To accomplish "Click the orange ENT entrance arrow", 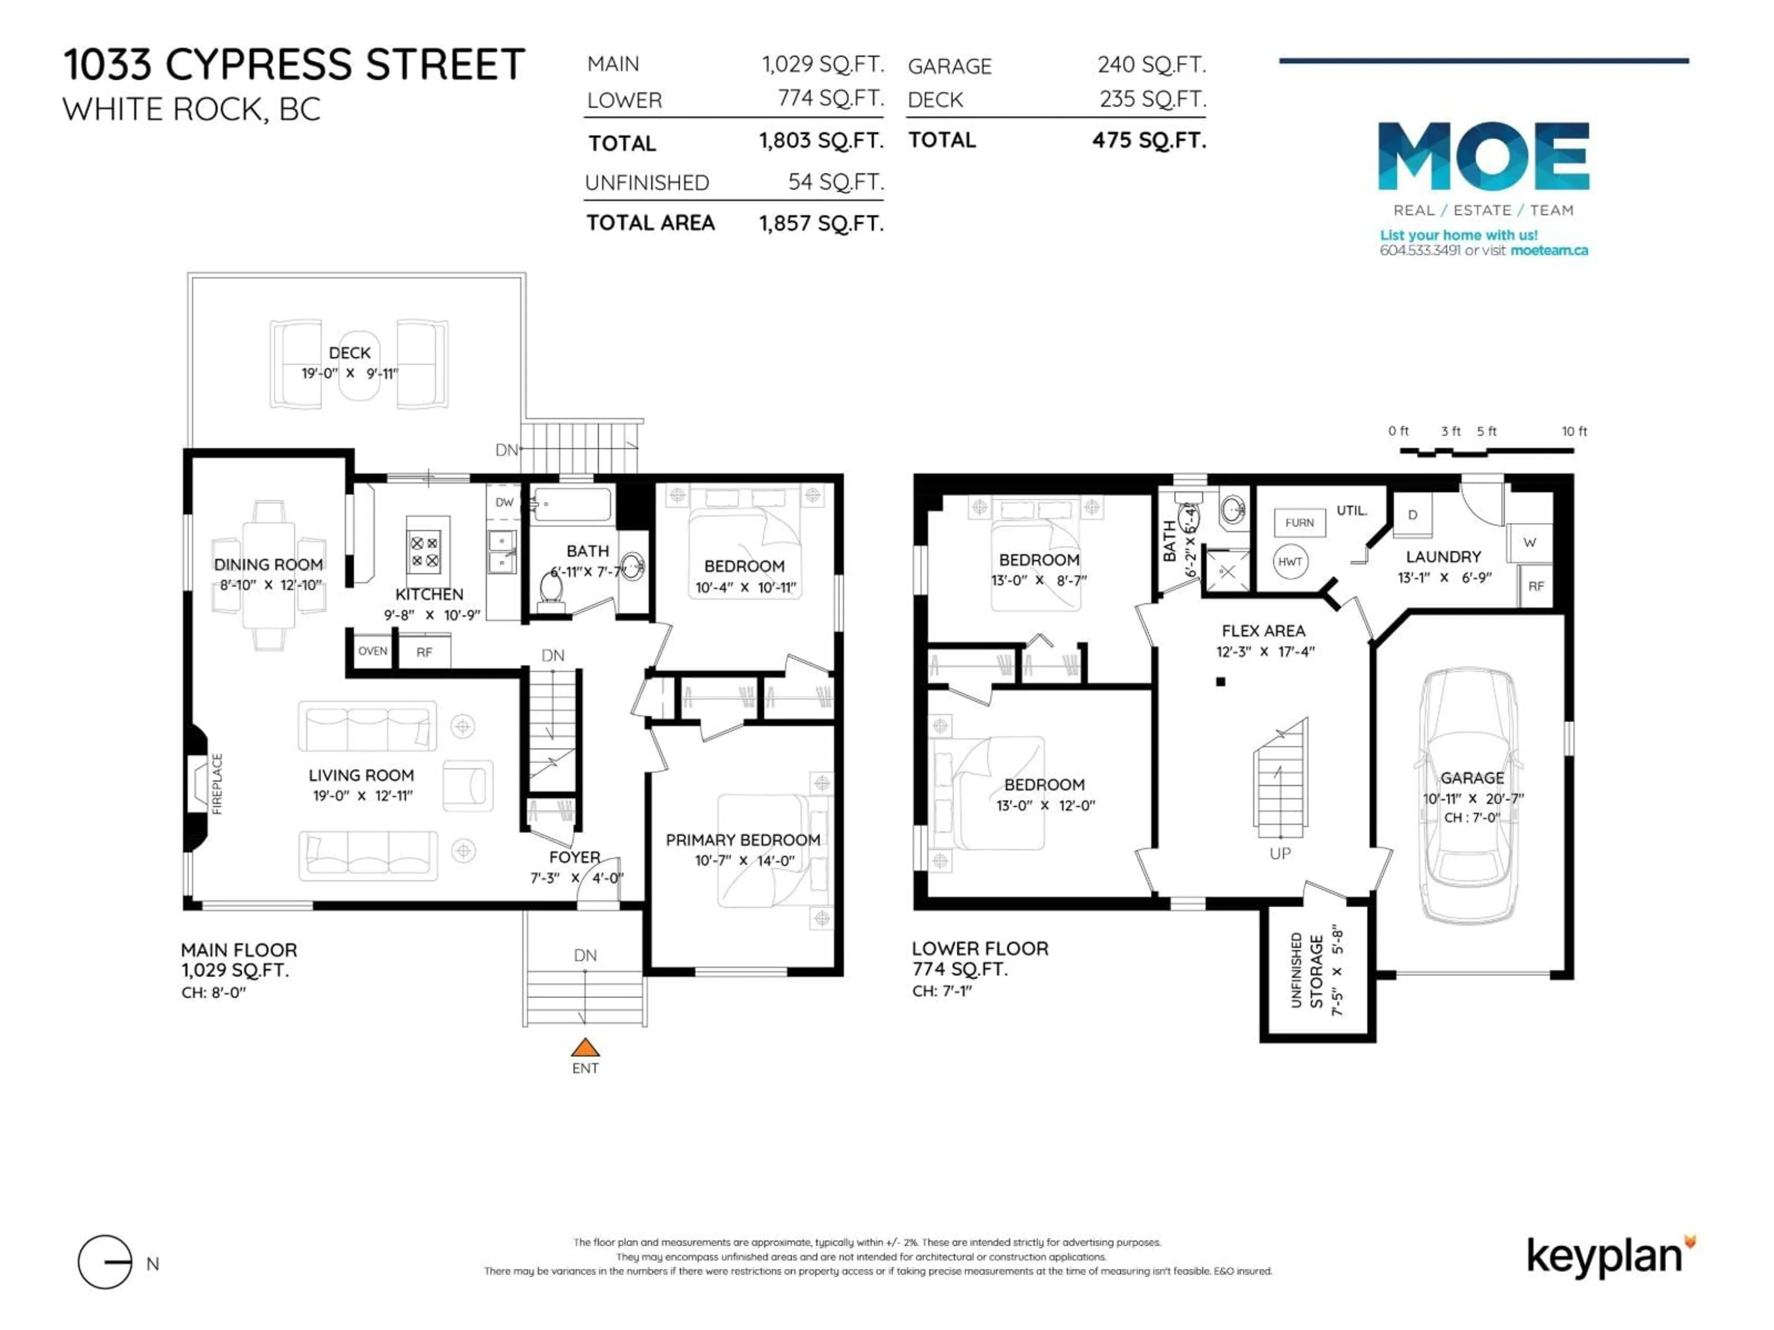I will tap(585, 1048).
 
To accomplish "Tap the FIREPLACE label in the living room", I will tap(217, 784).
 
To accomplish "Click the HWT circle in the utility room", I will tap(1290, 562).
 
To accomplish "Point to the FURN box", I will tap(1299, 523).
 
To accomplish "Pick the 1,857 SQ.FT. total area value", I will tap(821, 224).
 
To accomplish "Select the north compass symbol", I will tap(105, 1262).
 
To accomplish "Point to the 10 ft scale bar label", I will tap(1574, 431).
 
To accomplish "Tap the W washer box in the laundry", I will tap(1530, 543).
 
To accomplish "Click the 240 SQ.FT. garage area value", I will tap(1151, 65).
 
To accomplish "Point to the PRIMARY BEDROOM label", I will tap(743, 840).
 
